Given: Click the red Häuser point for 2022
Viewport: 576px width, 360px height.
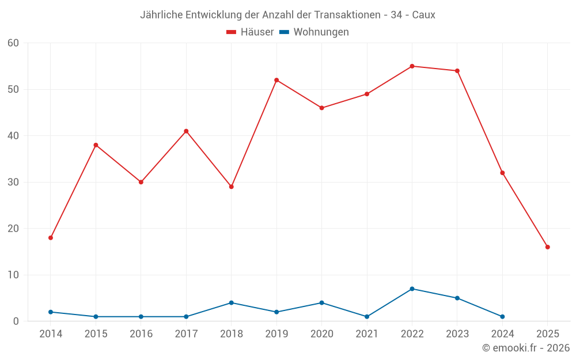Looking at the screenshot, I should (412, 66).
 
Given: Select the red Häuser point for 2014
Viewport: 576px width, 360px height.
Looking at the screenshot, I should (51, 238).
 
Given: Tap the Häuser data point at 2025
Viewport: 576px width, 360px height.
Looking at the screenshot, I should (547, 247).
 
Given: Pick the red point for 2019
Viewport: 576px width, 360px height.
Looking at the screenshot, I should (276, 80).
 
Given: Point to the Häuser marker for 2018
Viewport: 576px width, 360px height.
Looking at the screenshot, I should (231, 187).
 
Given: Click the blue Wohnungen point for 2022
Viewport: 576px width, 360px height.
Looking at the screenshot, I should (412, 289).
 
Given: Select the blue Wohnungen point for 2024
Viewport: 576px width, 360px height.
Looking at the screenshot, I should (502, 317).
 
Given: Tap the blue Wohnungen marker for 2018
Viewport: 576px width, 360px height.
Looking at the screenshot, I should (231, 302).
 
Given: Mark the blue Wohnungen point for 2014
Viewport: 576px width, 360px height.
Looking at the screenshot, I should (51, 312).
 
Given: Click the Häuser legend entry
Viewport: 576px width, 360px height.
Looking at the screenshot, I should (250, 32).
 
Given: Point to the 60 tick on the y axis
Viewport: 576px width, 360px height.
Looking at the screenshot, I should (13, 43).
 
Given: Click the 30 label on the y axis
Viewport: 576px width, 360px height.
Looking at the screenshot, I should (13, 182).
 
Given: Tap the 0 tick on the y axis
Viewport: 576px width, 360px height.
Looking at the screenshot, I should (16, 321).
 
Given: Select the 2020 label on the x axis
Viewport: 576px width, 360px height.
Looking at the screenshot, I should (321, 334).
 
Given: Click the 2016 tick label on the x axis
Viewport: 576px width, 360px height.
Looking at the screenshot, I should (141, 334).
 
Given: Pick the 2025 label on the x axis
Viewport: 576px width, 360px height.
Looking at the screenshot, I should (547, 334).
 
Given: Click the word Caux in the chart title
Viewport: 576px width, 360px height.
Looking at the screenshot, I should (423, 14).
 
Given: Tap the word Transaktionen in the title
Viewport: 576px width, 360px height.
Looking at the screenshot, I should (347, 14).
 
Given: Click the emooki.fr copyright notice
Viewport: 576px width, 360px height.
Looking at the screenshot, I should (525, 348).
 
